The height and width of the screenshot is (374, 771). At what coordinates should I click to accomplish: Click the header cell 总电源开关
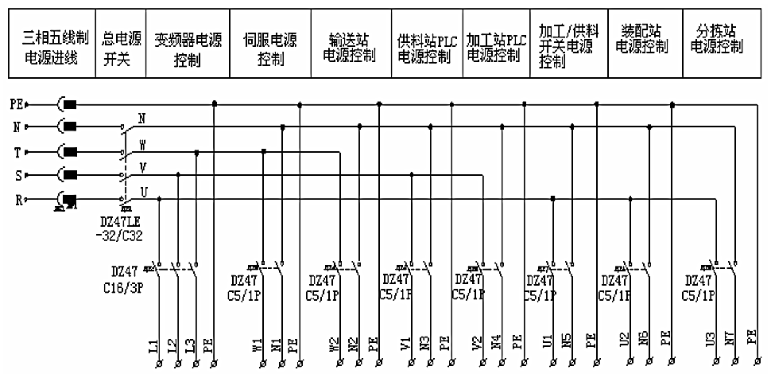coord(122,45)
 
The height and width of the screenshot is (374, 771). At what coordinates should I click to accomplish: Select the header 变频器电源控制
coord(188,45)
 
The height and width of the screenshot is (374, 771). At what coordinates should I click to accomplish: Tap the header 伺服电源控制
coord(270,45)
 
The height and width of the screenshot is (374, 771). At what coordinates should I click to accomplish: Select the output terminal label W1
coord(256,345)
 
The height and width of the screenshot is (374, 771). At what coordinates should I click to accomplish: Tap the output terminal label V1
coord(405,345)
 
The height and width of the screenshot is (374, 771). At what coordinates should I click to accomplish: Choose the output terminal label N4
coord(495,345)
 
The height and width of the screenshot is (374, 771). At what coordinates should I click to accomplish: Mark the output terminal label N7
coord(729,345)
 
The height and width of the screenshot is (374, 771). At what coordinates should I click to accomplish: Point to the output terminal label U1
coord(547,345)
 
